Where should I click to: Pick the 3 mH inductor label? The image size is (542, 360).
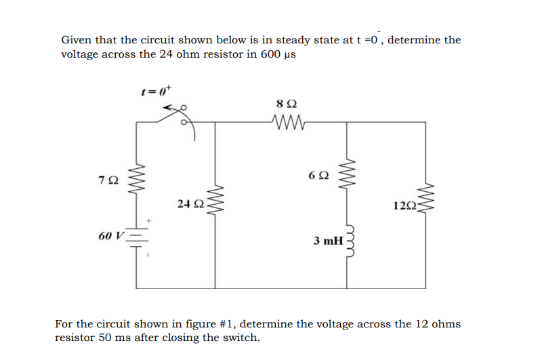tap(328, 241)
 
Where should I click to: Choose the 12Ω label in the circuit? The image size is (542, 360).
tap(404, 205)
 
